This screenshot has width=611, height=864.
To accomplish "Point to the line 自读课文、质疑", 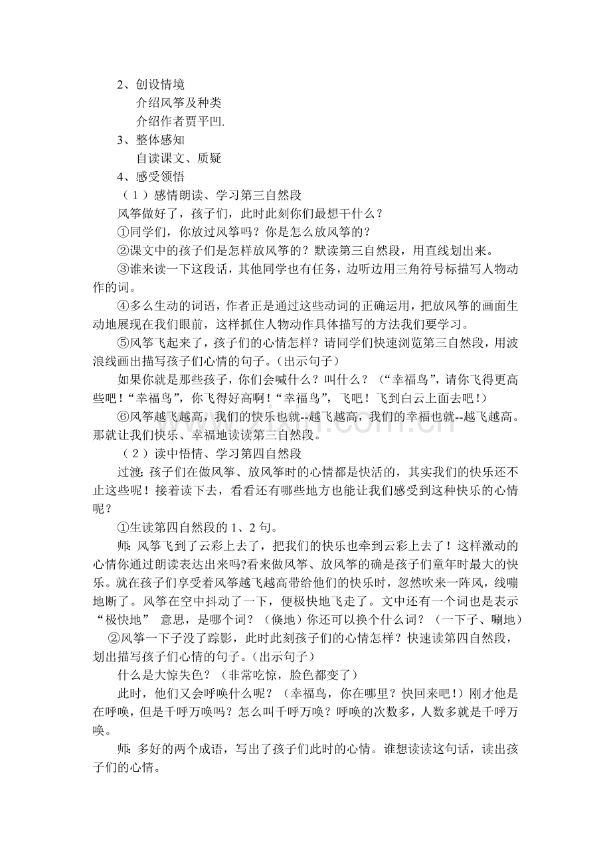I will point(179,158).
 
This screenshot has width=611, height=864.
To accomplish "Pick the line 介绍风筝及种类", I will point(179,104).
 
